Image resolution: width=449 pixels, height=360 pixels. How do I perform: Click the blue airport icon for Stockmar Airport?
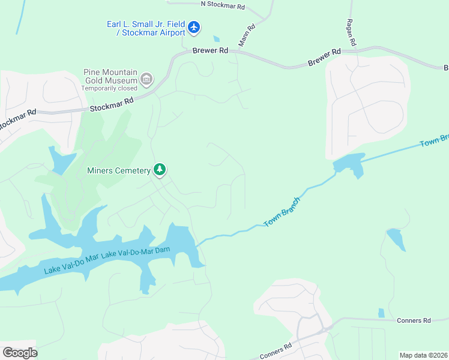(193, 27)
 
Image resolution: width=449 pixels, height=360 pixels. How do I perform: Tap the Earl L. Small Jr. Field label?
(145, 24)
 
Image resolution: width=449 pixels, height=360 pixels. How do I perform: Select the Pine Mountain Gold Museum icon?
(146, 79)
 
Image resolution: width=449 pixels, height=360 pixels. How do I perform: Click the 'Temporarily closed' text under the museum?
(109, 88)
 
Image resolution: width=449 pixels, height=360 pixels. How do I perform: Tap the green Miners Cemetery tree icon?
(160, 170)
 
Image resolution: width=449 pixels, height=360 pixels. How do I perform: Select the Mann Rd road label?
(247, 36)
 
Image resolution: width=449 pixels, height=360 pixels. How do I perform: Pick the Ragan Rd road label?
(351, 32)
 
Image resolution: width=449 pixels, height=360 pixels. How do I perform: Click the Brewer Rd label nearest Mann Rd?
(210, 51)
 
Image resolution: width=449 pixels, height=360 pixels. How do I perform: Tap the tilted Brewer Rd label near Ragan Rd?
(324, 58)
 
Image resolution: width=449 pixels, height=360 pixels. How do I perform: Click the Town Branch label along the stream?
(282, 212)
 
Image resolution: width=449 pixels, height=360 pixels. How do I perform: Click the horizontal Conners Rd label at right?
(414, 320)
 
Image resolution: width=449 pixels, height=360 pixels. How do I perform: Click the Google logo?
(20, 352)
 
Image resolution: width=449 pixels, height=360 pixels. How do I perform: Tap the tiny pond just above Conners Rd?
(381, 313)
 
